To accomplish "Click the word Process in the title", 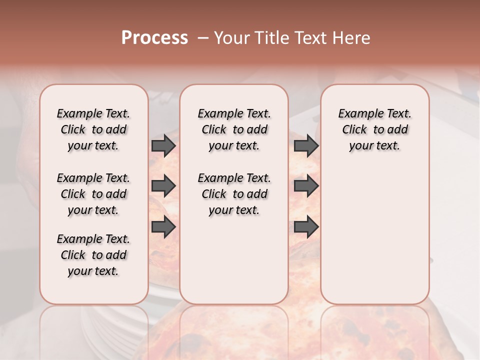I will click(x=154, y=37).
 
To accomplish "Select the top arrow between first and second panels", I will click(x=163, y=146).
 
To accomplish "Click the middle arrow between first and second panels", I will click(x=163, y=186).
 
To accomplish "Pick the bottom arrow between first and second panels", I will click(x=163, y=227).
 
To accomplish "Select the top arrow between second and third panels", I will click(x=306, y=146).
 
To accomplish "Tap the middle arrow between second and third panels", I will click(x=306, y=186).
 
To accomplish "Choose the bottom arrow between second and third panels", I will click(x=306, y=227).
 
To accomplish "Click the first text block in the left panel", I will click(x=93, y=129).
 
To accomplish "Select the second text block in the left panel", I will click(x=93, y=194).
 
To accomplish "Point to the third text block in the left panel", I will click(x=93, y=255).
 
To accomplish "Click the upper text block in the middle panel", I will click(x=234, y=129).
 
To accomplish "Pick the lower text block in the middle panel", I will click(x=234, y=194).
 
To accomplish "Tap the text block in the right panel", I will click(x=374, y=129).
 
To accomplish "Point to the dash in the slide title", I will click(x=203, y=37).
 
